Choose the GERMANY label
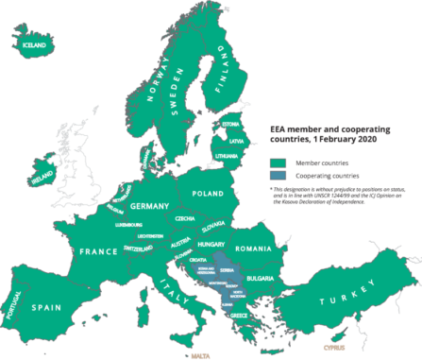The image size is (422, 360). click(x=148, y=206)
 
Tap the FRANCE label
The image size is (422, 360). click(x=99, y=251)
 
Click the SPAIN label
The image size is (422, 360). click(x=49, y=307)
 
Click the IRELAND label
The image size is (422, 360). click(x=42, y=177)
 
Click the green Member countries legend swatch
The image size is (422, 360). click(x=278, y=162)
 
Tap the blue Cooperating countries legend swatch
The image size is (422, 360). click(x=278, y=175)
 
